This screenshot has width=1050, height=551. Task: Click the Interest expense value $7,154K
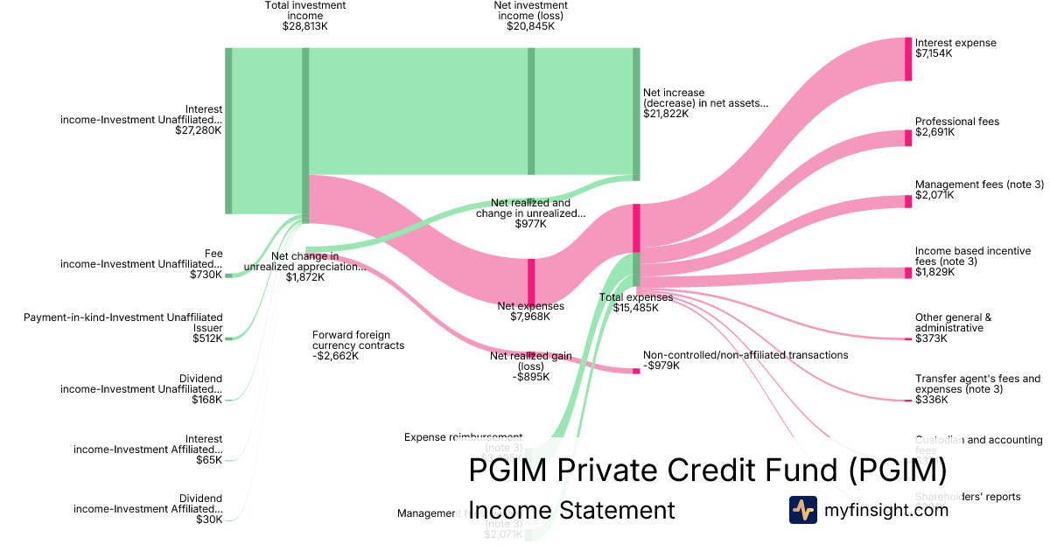(x=934, y=53)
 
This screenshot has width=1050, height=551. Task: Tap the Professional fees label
(x=957, y=122)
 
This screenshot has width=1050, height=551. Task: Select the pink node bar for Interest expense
(x=908, y=59)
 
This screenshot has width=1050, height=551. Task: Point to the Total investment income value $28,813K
(x=304, y=26)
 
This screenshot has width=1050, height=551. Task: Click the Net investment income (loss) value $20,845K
(x=530, y=26)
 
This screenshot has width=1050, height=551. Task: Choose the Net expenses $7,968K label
(x=530, y=306)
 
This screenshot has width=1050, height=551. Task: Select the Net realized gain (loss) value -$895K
(x=530, y=377)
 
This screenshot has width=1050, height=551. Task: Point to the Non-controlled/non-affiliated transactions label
(x=745, y=355)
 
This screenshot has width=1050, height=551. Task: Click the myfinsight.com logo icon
(x=802, y=510)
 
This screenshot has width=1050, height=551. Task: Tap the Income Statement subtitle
(x=571, y=510)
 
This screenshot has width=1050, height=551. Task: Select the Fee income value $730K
(x=206, y=275)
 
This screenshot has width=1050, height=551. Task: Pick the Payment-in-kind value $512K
(x=207, y=338)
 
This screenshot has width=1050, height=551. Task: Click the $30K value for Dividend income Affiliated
(x=209, y=520)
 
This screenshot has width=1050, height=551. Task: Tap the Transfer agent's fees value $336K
(x=932, y=401)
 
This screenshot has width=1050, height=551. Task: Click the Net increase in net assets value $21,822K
(x=666, y=114)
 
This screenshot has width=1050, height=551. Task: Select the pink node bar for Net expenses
(x=530, y=281)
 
